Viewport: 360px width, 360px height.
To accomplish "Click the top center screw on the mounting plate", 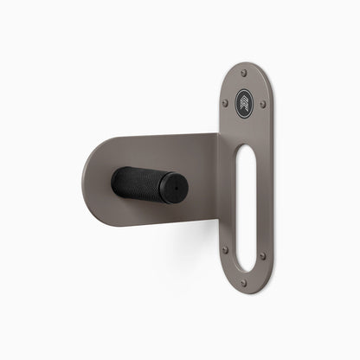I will (243, 73).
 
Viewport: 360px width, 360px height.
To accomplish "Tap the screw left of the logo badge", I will (228, 101).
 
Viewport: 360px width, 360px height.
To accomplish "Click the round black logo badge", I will (245, 101).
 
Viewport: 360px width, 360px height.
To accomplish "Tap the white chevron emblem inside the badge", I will (245, 100).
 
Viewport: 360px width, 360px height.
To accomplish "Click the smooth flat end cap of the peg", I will (173, 184).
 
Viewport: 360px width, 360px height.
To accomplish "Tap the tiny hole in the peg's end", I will (174, 185).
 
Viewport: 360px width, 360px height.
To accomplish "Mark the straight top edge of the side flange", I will (164, 133).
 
